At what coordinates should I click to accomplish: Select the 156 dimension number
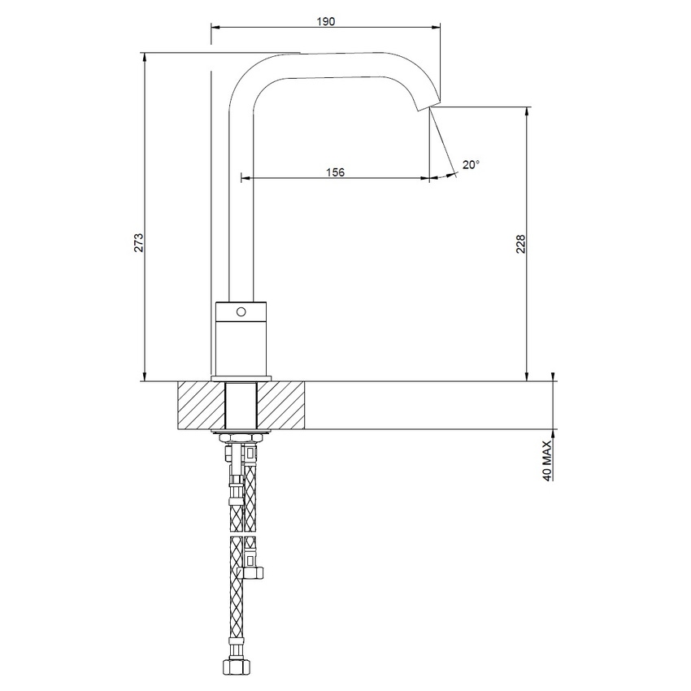click(x=335, y=172)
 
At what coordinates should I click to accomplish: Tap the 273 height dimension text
click(x=139, y=241)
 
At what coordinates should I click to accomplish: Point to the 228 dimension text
click(x=521, y=244)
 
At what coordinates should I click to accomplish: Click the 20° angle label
click(x=471, y=164)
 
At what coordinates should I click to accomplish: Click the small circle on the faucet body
click(x=241, y=311)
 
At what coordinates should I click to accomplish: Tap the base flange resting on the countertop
click(x=241, y=379)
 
